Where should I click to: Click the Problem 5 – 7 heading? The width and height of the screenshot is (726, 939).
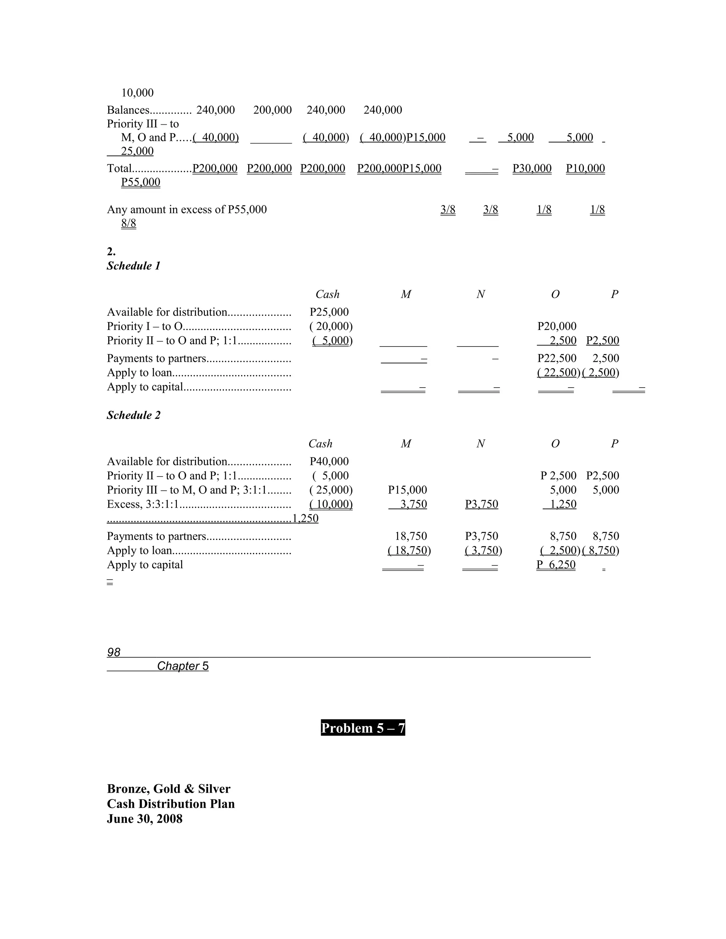pyautogui.click(x=363, y=728)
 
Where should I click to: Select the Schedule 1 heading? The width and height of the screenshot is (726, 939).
pyautogui.click(x=133, y=266)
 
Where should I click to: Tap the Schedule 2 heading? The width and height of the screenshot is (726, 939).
pyautogui.click(x=133, y=415)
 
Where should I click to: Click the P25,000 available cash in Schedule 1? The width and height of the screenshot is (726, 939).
pyautogui.click(x=329, y=312)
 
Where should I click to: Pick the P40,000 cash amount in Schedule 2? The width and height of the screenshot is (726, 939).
pyautogui.click(x=329, y=461)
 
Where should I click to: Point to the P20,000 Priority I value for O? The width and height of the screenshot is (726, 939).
pyautogui.click(x=557, y=326)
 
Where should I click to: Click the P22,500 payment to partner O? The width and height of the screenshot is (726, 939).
pyautogui.click(x=557, y=358)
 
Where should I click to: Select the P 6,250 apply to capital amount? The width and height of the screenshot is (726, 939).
pyautogui.click(x=556, y=564)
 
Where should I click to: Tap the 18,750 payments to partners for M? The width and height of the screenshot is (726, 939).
pyautogui.click(x=411, y=536)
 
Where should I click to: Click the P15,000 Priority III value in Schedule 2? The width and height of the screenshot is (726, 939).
pyautogui.click(x=407, y=490)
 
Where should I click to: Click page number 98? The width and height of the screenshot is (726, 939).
pyautogui.click(x=113, y=652)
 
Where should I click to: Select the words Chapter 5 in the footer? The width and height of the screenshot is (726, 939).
pyautogui.click(x=183, y=666)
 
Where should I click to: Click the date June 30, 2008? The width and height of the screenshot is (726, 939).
pyautogui.click(x=145, y=818)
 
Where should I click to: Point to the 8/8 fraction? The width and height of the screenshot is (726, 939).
pyautogui.click(x=129, y=223)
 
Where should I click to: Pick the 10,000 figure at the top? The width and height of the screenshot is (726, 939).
pyautogui.click(x=137, y=92)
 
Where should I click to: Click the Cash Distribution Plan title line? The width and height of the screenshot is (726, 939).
pyautogui.click(x=171, y=804)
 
